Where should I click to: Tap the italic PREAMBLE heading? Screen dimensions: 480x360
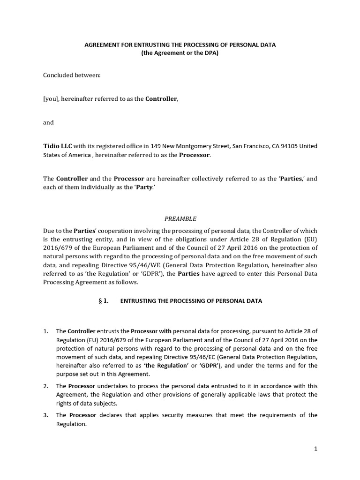[x=180, y=218]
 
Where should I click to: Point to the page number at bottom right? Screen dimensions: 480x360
[x=316, y=449]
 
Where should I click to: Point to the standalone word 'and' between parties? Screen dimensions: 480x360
[x=48, y=122]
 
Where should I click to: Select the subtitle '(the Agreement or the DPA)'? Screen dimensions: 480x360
[x=180, y=53]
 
